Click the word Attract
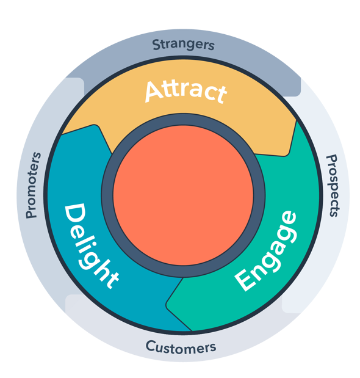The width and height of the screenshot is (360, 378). pos(185,92)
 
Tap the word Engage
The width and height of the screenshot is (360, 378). pos(265,251)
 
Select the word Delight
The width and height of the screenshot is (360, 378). pos(91,245)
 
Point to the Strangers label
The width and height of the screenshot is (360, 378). pos(183,45)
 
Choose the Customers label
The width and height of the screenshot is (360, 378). pos(181,347)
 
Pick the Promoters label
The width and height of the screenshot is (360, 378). pos(33,185)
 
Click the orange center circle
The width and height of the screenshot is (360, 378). pos(183,195)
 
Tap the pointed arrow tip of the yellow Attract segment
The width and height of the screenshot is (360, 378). pos(286,155)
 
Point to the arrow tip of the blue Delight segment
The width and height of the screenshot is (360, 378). pos(95,125)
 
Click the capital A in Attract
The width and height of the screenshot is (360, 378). pos(154,91)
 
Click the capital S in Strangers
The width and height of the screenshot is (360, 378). pos(157,45)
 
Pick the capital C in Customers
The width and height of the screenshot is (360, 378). pos(151,346)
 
